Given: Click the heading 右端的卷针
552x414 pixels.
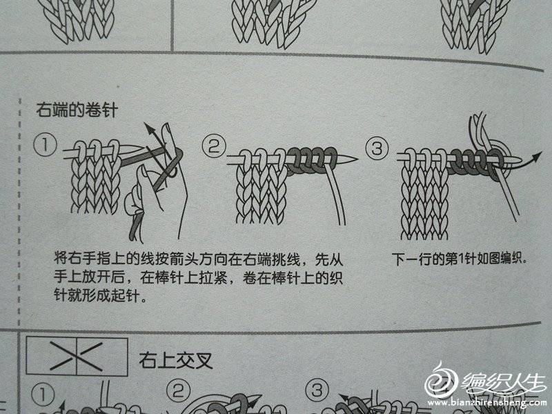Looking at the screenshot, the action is pos(77,110).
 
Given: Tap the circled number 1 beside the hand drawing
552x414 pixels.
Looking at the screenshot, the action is pos(46,145).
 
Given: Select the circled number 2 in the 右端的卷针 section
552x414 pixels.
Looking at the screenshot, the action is pos(214,146).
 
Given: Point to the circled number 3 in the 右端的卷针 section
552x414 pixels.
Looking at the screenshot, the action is pos(377,148).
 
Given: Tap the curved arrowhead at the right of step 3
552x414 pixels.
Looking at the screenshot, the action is pos(538,157).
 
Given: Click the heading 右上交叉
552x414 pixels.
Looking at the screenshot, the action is pos(176,359).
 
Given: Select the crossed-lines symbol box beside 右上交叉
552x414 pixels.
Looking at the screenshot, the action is pos(77,356).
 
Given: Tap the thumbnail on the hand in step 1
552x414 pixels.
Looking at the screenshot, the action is pos(144,172).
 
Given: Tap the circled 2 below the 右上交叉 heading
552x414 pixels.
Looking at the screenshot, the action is pos(178,391).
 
